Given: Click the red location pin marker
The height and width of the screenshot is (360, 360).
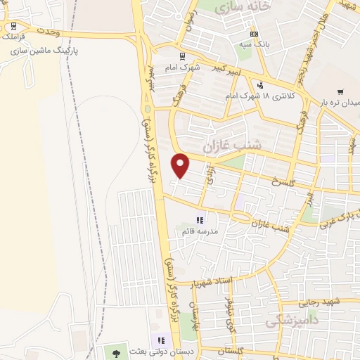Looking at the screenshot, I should coord(181,165).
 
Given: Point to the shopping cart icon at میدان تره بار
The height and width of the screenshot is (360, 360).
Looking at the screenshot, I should coord(340,92).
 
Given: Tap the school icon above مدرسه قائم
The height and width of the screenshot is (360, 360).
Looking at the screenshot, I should coord(200,220).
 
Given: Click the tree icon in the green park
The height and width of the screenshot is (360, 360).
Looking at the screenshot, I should coord(117,351).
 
